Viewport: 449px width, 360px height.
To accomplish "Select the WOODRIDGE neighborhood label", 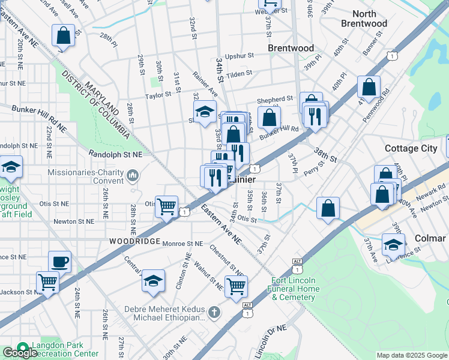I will tap(134, 241).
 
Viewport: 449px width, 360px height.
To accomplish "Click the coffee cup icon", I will tap(59, 262).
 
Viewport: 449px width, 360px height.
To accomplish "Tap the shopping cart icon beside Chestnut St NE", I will tap(236, 286).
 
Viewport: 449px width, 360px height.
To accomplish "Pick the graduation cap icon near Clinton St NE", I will tap(154, 280).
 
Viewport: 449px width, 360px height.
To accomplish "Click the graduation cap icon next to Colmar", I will tap(393, 244).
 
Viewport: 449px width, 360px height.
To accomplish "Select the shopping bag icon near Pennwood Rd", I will tap(369, 86).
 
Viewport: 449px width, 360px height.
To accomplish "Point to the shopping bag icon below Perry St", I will tap(328, 209).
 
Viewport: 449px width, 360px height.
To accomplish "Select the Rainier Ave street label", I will tap(205, 83).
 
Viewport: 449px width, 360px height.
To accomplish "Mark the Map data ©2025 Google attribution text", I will tap(411, 355).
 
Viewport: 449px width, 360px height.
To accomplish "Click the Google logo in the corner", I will tap(19, 353).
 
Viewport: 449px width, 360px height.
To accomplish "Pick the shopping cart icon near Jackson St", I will tap(47, 281).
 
